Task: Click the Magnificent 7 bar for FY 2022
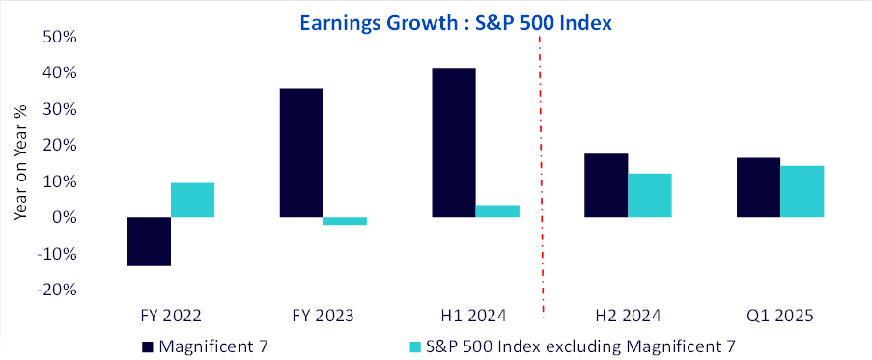click(x=149, y=241)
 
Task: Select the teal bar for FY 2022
click(x=192, y=200)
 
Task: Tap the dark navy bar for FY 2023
click(x=301, y=152)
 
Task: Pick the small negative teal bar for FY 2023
click(x=345, y=221)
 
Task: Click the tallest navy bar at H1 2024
click(x=454, y=142)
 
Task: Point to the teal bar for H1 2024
click(x=497, y=211)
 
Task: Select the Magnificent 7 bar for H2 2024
click(x=606, y=185)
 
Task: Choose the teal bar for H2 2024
click(x=650, y=196)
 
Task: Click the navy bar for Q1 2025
click(x=759, y=188)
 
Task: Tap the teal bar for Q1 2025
click(x=802, y=192)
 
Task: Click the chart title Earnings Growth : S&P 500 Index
click(x=456, y=23)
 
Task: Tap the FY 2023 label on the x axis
click(x=323, y=317)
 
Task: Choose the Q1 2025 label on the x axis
click(x=781, y=317)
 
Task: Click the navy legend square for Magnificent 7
click(x=148, y=347)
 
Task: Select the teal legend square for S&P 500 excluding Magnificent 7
click(x=414, y=347)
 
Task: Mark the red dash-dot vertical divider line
click(x=542, y=178)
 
